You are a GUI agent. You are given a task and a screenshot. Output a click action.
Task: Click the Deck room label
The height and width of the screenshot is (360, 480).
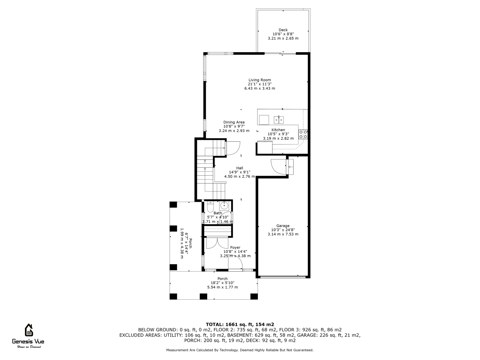283,30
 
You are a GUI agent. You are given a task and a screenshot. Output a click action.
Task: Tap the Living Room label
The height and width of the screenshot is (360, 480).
259,80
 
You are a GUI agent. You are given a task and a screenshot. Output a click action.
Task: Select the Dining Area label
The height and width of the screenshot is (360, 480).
234,122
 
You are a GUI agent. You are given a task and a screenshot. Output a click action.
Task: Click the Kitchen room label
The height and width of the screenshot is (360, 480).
278,130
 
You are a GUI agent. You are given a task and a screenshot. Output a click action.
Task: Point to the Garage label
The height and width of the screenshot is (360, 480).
283,226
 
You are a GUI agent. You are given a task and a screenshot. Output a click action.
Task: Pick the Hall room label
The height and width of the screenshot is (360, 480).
239,168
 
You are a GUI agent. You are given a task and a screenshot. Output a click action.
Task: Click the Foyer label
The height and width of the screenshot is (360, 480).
235,247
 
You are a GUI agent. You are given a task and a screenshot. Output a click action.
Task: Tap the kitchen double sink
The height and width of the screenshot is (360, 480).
279,120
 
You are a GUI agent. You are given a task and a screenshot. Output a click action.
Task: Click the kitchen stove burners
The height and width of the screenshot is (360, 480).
303,134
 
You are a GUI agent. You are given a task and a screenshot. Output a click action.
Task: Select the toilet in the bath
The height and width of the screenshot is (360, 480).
210,207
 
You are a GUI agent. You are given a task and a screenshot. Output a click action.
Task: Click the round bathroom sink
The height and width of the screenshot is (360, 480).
224,206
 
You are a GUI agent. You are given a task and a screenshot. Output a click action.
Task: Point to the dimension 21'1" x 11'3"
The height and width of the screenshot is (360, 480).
259,84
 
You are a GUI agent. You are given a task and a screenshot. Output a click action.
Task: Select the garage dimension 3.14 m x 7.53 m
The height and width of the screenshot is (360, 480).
283,234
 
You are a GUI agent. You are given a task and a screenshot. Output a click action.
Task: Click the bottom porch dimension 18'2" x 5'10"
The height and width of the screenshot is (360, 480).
222,283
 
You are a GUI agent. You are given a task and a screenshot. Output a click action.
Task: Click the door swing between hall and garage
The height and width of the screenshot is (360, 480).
278,166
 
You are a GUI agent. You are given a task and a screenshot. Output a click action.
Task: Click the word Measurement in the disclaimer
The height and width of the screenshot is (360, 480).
177,350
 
